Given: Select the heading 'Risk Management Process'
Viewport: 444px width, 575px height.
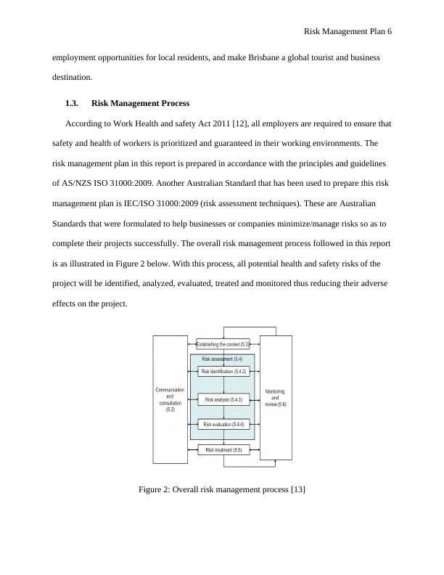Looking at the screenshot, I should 140,104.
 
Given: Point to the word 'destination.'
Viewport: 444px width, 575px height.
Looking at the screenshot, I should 72,77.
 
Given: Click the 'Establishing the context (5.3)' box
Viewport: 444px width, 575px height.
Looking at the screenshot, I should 223,344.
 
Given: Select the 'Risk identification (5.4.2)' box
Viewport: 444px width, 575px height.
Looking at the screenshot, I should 223,372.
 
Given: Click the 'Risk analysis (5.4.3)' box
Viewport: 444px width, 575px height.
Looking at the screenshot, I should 223,400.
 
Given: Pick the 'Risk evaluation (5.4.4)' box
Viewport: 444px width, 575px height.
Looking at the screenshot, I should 223,424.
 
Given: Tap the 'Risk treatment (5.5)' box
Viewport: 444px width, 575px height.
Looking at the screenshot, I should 223,450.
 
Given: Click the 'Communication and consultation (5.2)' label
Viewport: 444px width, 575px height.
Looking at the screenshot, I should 170,400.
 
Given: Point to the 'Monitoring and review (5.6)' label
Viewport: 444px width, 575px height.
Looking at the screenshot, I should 275,399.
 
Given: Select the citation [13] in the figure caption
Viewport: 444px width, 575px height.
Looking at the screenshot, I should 297,489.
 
